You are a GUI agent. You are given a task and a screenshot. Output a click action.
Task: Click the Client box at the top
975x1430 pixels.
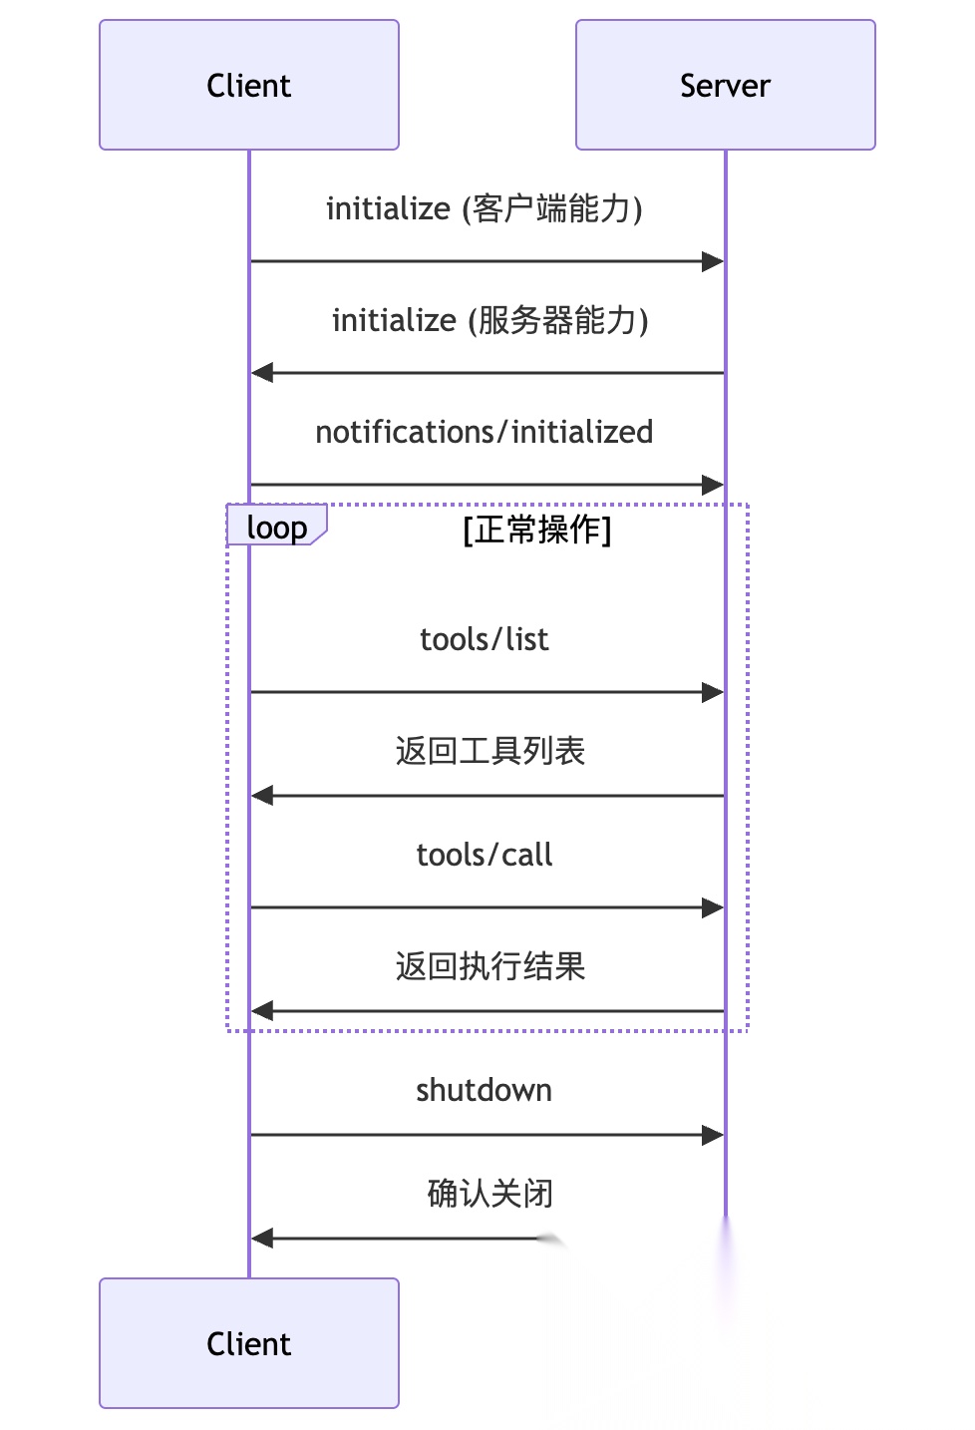point(249,85)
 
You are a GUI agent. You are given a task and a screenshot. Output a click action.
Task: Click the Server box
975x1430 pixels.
point(726,85)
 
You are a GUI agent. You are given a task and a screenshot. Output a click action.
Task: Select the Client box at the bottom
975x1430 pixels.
point(249,1343)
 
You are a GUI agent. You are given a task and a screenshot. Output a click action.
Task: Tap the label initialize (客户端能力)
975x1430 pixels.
point(485,208)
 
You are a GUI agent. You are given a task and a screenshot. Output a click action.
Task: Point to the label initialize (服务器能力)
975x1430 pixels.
point(490,320)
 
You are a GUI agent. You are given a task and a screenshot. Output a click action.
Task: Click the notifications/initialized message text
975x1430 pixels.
point(485,432)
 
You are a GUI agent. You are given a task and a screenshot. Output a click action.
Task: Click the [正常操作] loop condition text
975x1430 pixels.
point(537,530)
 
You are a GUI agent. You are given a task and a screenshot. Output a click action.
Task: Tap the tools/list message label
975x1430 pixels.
point(485,639)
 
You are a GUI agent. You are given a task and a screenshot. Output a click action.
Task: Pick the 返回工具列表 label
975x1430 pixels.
point(490,751)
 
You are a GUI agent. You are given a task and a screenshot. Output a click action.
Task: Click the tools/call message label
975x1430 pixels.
point(485,855)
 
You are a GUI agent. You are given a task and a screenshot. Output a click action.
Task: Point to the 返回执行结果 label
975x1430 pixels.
point(490,966)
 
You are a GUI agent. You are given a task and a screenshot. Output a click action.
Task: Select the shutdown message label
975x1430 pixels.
point(485,1090)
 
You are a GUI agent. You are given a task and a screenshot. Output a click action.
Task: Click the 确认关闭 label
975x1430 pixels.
point(490,1194)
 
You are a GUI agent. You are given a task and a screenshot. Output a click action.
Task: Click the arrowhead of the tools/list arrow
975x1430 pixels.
point(713,692)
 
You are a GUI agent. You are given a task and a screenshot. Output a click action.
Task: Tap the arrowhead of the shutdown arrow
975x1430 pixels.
point(713,1135)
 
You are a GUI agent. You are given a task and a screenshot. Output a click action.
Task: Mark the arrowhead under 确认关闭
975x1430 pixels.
point(262,1238)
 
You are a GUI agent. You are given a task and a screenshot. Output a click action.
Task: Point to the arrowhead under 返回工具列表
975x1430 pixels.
point(262,796)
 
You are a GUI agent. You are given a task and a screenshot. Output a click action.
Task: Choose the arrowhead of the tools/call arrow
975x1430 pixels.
point(713,907)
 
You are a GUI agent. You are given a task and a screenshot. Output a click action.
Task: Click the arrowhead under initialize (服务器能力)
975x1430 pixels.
point(262,372)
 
